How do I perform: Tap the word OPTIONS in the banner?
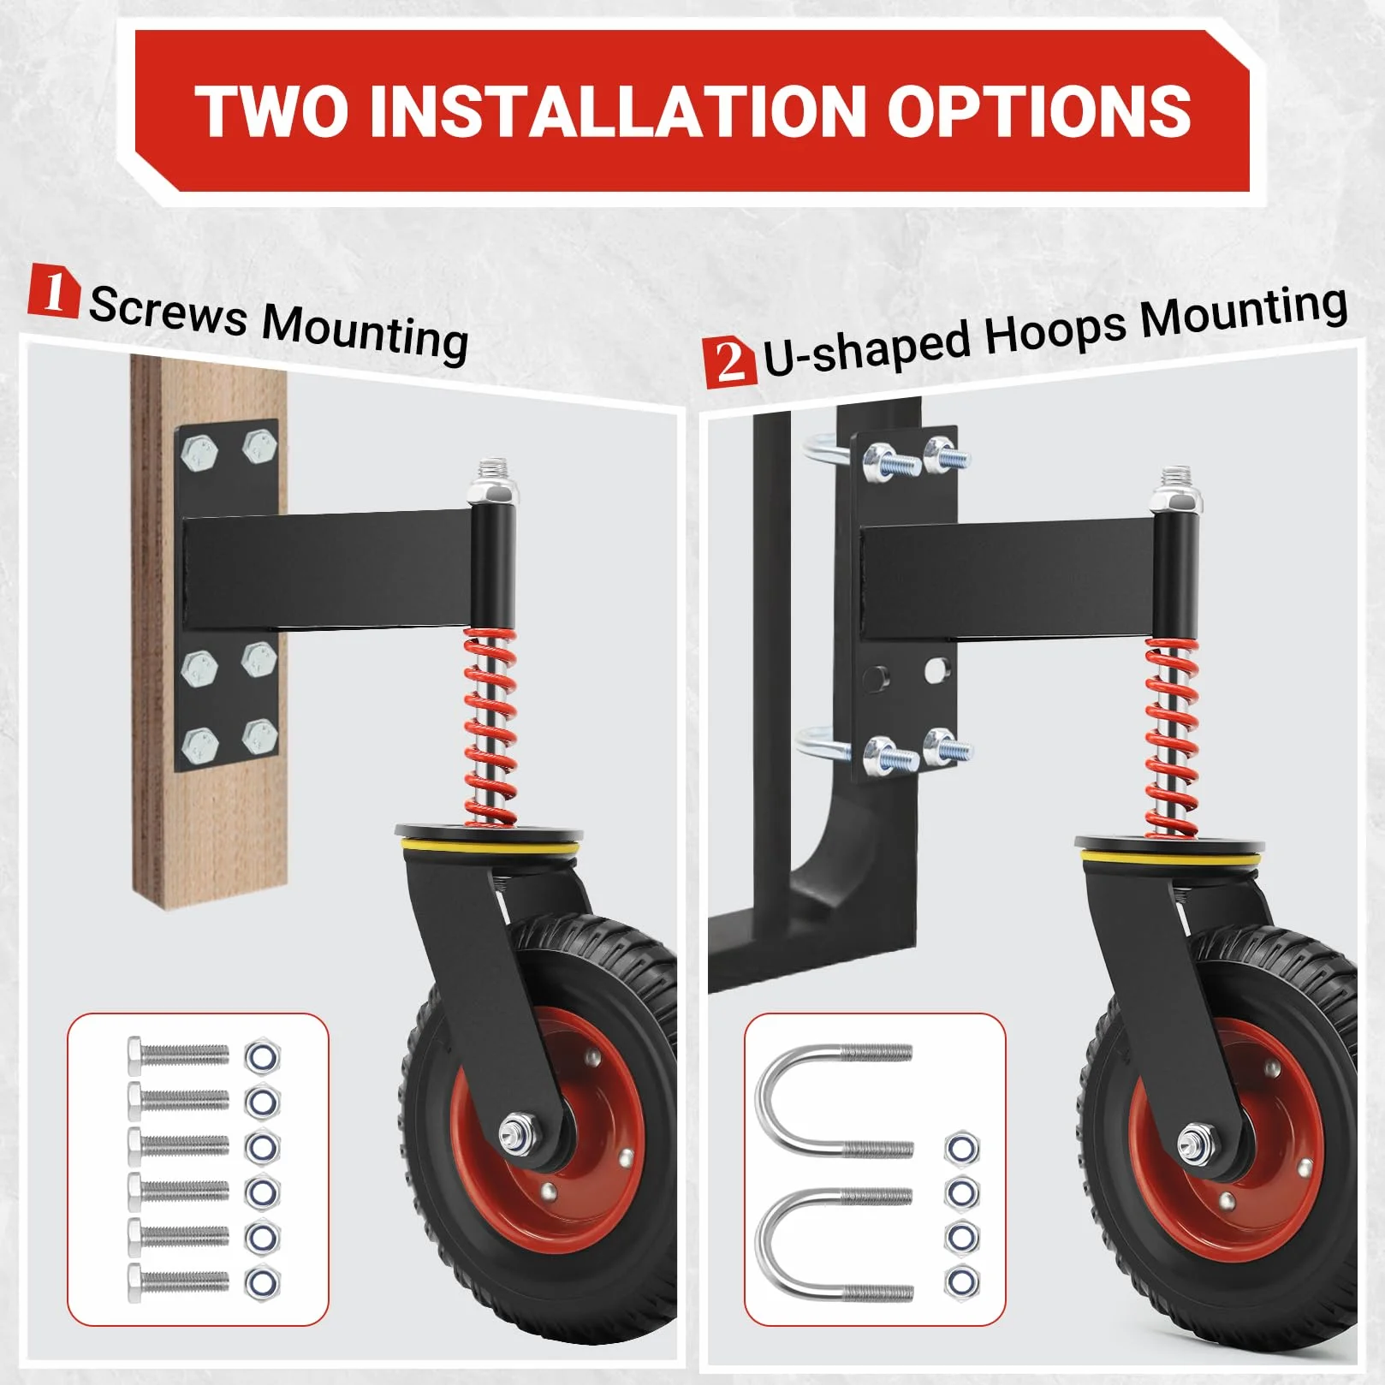[1038, 111]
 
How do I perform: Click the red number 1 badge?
[53, 291]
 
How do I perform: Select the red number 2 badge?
[729, 362]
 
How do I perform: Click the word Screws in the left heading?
[168, 312]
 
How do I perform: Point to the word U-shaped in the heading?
[866, 348]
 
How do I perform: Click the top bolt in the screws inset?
[178, 1055]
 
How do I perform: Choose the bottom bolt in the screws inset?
[178, 1281]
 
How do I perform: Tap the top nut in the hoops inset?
[962, 1147]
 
